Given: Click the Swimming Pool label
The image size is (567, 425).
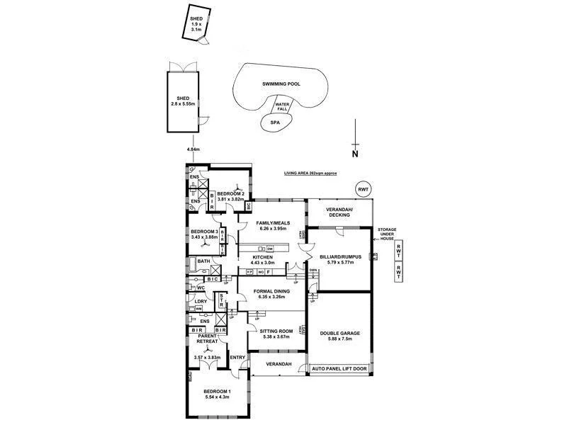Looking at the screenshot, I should (x=281, y=84).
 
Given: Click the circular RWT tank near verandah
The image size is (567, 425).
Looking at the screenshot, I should (x=364, y=189).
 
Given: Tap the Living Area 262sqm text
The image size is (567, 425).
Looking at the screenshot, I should (x=309, y=173).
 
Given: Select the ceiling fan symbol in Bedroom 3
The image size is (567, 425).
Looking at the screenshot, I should (x=206, y=244).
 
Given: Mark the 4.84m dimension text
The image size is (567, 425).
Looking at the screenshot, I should (x=193, y=149).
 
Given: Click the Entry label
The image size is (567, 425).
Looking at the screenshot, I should (x=237, y=357).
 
